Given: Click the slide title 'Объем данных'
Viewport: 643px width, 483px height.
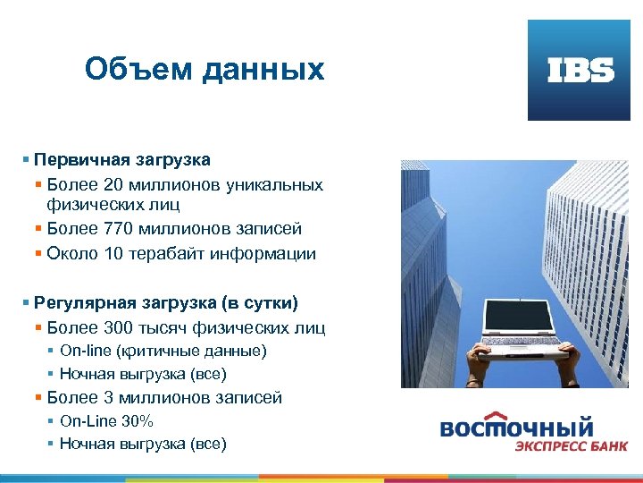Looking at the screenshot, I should point(205,69).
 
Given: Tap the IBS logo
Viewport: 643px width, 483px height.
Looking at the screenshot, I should point(580,71).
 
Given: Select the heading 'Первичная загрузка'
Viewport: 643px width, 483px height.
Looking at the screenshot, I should point(122,160).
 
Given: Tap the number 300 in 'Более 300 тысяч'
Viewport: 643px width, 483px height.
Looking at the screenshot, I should point(120,327).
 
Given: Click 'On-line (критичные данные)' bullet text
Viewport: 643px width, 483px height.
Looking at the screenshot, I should point(163,351).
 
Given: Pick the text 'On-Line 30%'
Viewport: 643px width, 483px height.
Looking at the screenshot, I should point(106,420).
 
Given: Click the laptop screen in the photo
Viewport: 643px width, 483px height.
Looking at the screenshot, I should point(520,316).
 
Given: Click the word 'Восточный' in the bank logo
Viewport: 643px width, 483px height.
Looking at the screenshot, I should point(517,427).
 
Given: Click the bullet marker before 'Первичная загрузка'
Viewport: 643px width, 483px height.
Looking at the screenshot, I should point(27,161).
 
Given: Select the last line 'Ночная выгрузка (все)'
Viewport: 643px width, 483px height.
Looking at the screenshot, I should point(143,444).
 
